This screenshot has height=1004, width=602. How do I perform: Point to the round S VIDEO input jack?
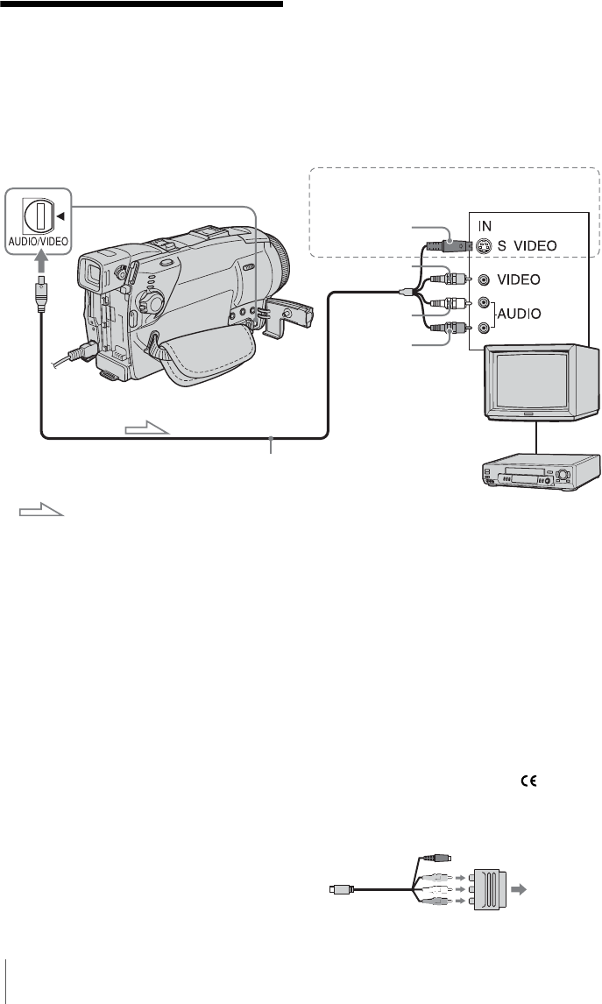tap(485, 245)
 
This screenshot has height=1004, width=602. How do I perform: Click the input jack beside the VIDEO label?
tap(485, 279)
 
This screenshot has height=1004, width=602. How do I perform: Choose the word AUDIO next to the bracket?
tap(520, 314)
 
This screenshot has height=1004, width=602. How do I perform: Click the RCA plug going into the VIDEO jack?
tap(450, 279)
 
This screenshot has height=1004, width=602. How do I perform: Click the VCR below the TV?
tap(541, 471)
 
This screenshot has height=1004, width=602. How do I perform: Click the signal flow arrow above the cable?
tap(147, 427)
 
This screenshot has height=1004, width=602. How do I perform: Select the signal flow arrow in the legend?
tap(42, 511)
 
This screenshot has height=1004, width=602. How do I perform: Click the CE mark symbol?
tap(529, 781)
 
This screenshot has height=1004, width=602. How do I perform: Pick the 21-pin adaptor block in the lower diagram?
tap(487, 888)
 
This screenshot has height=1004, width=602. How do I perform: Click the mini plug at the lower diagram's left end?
tap(339, 888)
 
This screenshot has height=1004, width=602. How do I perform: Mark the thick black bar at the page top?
tap(142, 4)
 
